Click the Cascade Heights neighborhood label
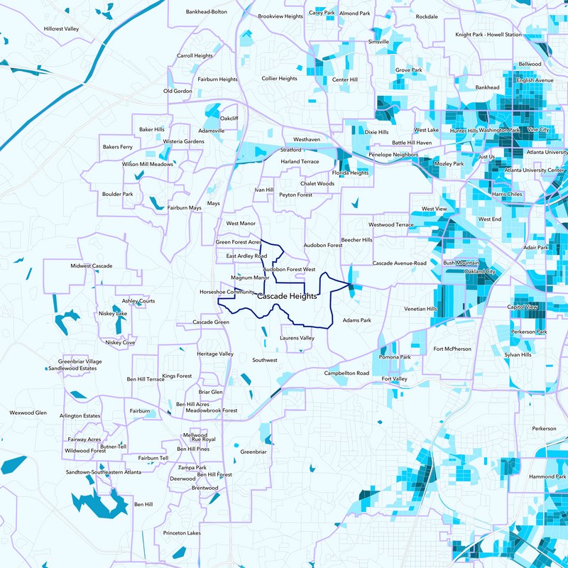point(287,296)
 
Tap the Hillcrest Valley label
point(61,29)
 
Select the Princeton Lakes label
point(182,532)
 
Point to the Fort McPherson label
point(452,349)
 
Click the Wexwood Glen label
point(28,413)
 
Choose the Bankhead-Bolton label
point(207,12)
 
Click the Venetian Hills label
point(420,309)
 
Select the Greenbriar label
point(253,452)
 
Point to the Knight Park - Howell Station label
point(493,34)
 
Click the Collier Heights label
point(279,79)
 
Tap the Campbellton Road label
point(347,373)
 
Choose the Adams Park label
point(357,320)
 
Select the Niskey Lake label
point(113,313)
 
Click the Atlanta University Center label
point(535,170)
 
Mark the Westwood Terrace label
point(391,224)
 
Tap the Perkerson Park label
point(532,332)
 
